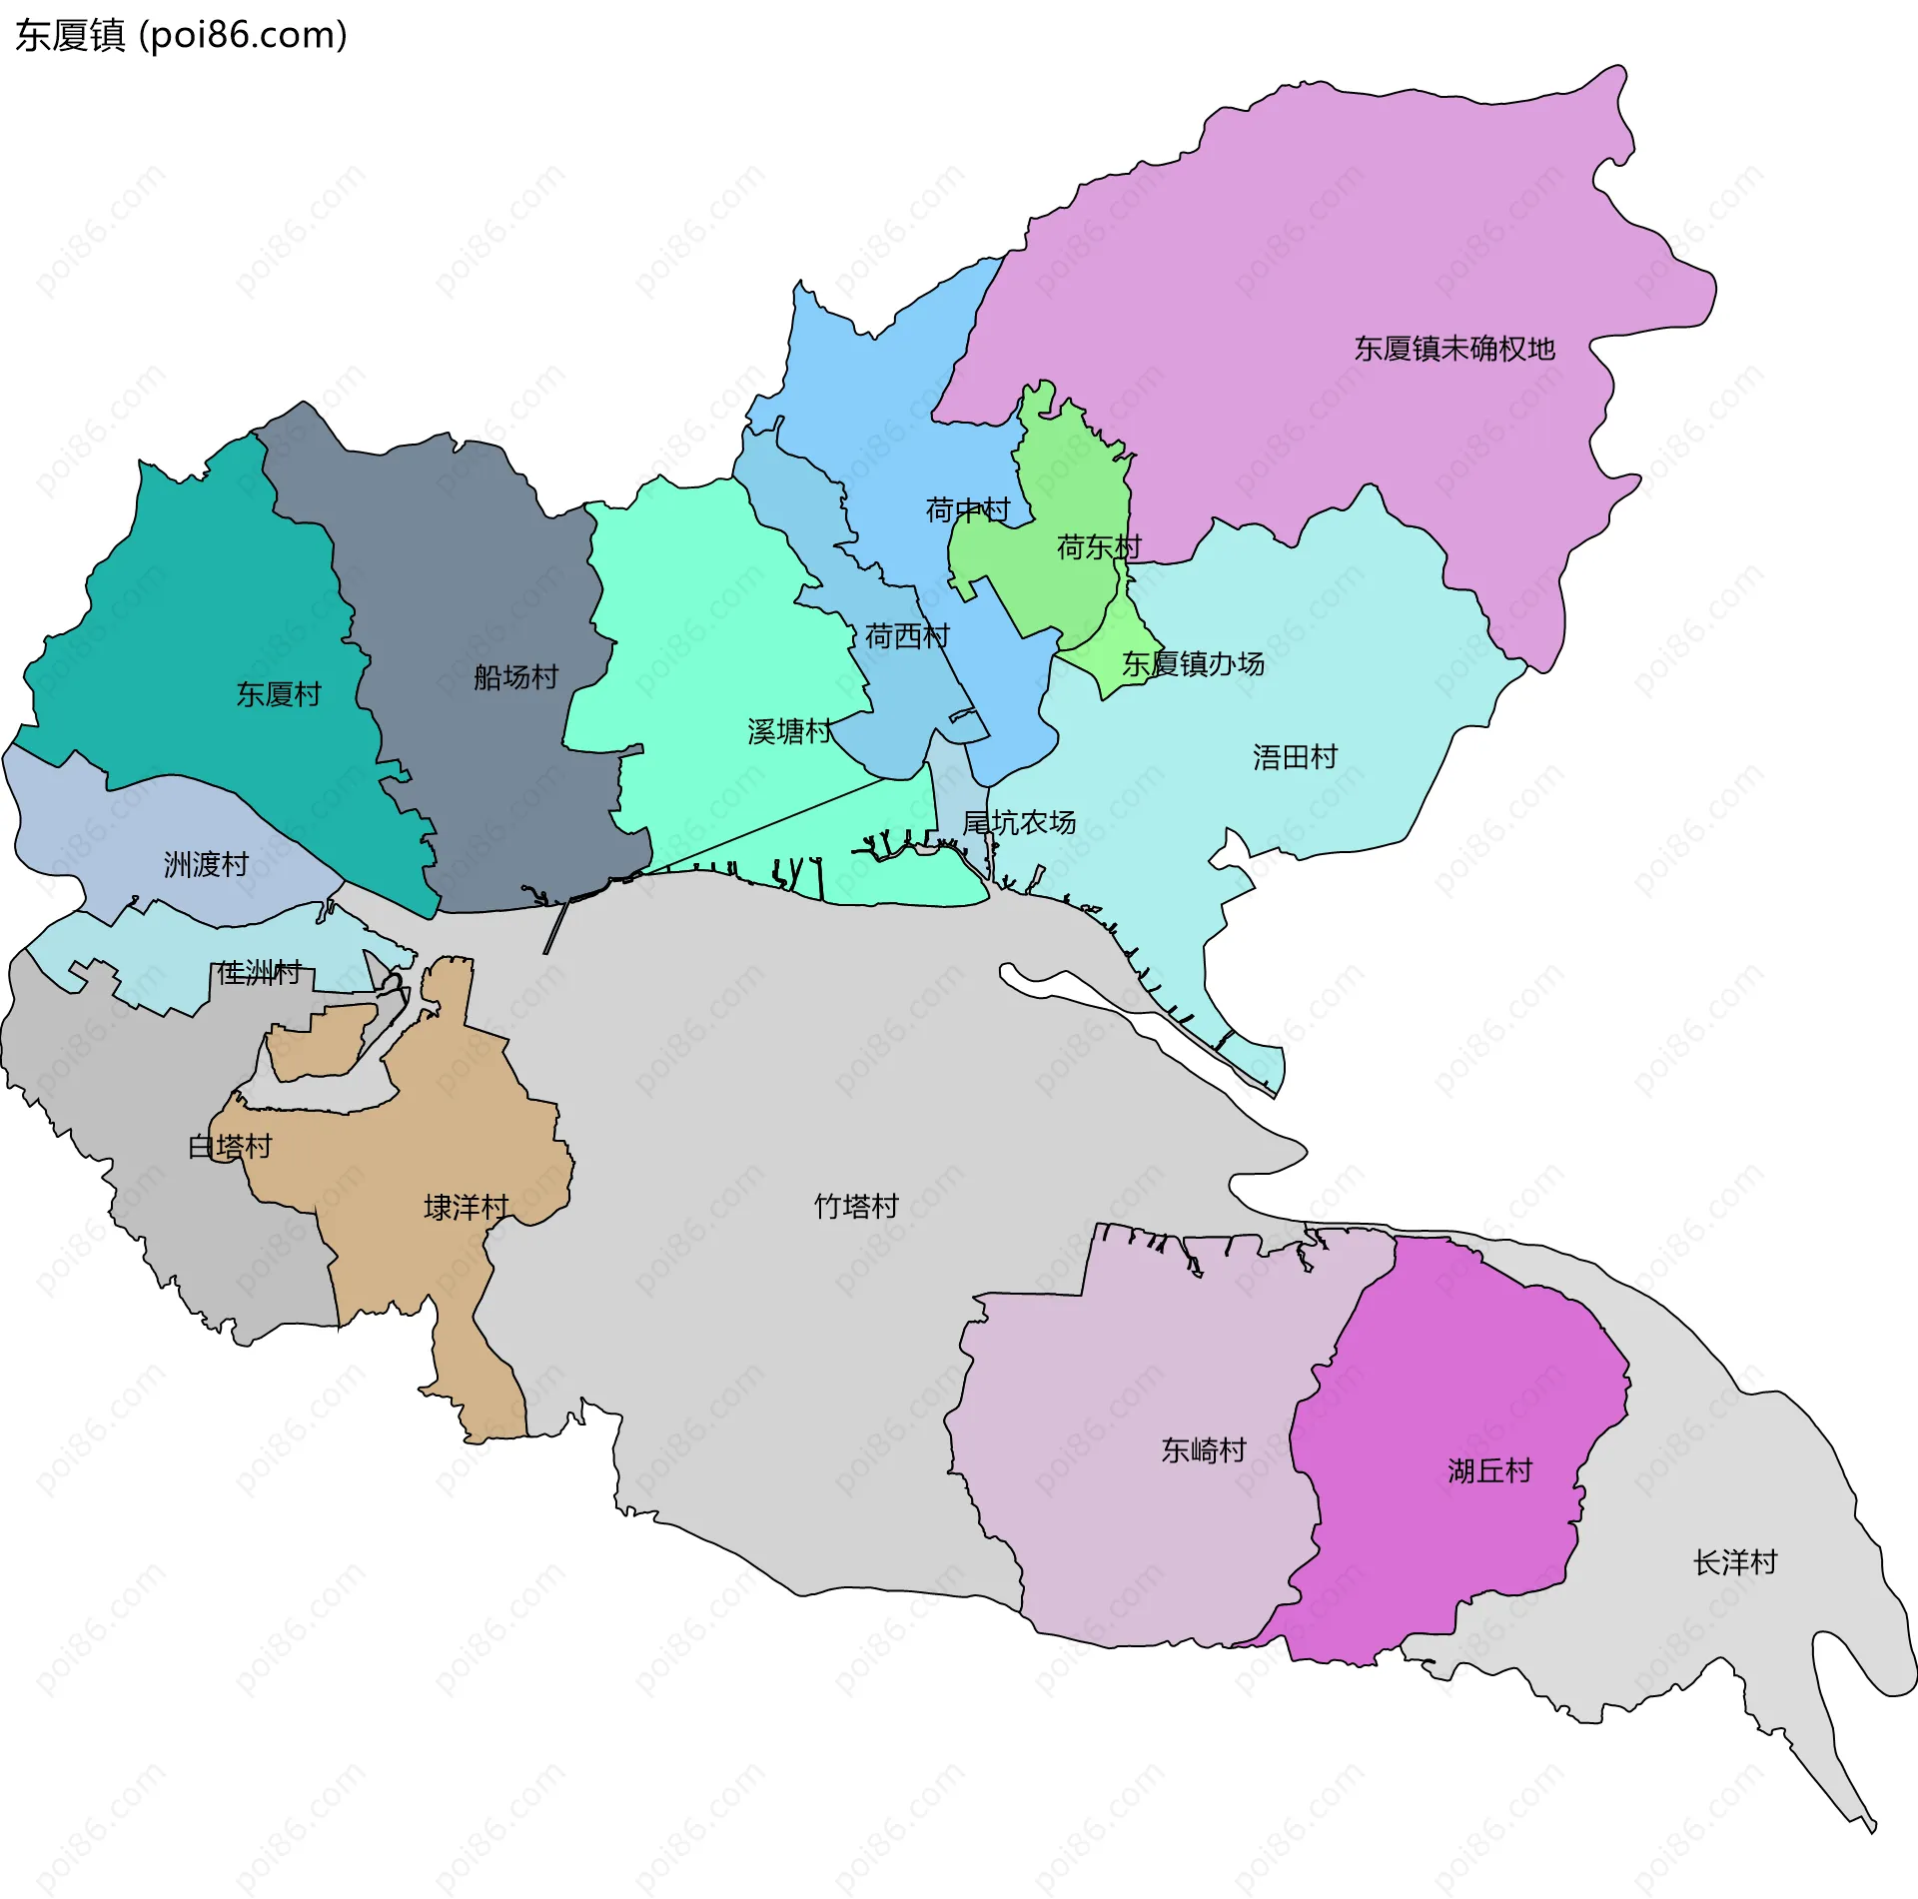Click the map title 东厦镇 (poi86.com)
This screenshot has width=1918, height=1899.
pyautogui.click(x=181, y=36)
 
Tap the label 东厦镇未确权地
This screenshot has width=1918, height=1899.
pyautogui.click(x=1453, y=349)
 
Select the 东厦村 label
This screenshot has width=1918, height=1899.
pyautogui.click(x=278, y=694)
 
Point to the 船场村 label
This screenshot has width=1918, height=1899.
pyautogui.click(x=515, y=677)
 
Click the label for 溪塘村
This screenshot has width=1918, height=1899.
pyautogui.click(x=789, y=732)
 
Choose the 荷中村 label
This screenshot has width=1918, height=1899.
pyautogui.click(x=967, y=510)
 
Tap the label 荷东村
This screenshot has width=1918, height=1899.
pyautogui.click(x=1098, y=547)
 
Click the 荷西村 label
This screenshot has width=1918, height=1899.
pyautogui.click(x=906, y=636)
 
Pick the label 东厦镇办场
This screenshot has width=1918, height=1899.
pyautogui.click(x=1192, y=664)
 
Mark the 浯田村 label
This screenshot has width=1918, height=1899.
pyautogui.click(x=1295, y=757)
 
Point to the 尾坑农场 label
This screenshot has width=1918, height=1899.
pyautogui.click(x=1018, y=823)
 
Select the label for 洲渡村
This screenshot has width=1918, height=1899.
pyautogui.click(x=206, y=864)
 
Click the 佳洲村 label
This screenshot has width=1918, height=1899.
pyautogui.click(x=259, y=972)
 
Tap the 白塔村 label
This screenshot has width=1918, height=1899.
pyautogui.click(x=230, y=1147)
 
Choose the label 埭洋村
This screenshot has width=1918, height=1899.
pyautogui.click(x=466, y=1208)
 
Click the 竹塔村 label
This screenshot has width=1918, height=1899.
pyautogui.click(x=856, y=1207)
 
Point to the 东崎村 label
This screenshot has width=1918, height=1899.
pyautogui.click(x=1203, y=1450)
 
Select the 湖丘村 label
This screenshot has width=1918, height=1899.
pyautogui.click(x=1489, y=1471)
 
